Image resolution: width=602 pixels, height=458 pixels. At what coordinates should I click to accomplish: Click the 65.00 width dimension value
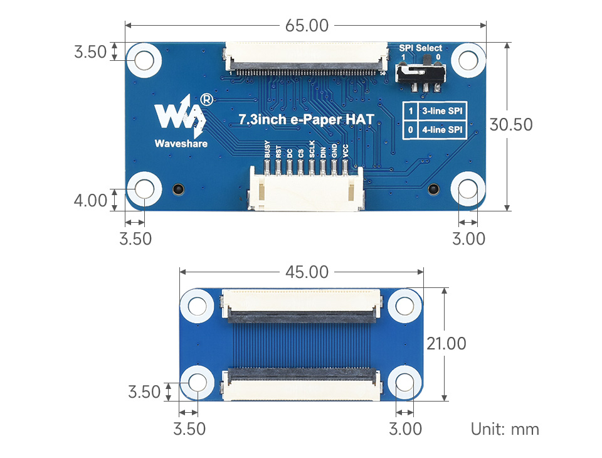[307, 26]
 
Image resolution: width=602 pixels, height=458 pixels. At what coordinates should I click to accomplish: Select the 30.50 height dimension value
[511, 125]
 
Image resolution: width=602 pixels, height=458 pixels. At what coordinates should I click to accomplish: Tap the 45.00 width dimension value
[307, 272]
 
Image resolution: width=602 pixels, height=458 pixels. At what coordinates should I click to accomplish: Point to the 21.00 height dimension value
[446, 344]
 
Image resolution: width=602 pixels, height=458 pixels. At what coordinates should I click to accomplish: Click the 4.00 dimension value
[90, 201]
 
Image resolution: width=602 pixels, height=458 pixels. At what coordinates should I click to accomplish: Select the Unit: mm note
[505, 429]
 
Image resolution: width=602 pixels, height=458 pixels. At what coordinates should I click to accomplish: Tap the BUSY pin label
[267, 149]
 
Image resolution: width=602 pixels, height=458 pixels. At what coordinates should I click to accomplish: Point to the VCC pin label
[346, 151]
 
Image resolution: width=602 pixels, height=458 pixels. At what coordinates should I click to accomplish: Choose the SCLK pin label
[312, 149]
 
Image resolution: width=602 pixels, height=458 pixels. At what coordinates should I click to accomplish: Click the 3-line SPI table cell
[442, 111]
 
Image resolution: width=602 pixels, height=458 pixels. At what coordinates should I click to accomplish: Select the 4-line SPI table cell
[442, 130]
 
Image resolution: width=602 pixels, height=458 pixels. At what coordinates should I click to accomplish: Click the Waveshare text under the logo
[181, 144]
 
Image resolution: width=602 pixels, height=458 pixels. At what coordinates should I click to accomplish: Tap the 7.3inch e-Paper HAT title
[306, 119]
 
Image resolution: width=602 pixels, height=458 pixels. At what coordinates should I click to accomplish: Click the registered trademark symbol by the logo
[206, 100]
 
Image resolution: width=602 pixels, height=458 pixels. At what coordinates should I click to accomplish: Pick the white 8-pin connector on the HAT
[306, 189]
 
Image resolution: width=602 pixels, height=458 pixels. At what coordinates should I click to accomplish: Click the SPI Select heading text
[420, 48]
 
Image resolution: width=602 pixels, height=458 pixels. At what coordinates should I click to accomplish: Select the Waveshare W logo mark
[180, 116]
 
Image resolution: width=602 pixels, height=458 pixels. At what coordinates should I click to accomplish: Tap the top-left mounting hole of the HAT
[144, 60]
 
